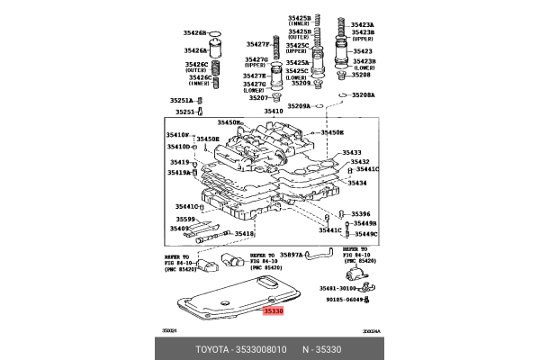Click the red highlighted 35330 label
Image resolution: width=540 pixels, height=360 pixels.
pyautogui.click(x=273, y=310)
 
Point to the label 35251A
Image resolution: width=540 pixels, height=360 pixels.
pyautogui.click(x=185, y=100)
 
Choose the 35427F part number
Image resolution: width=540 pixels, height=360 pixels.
pyautogui.click(x=257, y=44)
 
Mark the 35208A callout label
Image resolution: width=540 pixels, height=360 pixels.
pyautogui.click(x=364, y=94)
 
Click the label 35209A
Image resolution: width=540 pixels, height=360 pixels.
pyautogui.click(x=299, y=106)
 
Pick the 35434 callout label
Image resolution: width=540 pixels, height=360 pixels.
pyautogui.click(x=357, y=183)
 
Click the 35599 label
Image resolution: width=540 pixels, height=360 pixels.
pyautogui.click(x=185, y=220)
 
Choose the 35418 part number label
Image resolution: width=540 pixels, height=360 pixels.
pyautogui.click(x=244, y=234)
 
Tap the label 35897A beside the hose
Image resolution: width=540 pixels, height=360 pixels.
pyautogui.click(x=293, y=255)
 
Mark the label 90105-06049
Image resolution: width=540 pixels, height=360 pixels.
pyautogui.click(x=346, y=299)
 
